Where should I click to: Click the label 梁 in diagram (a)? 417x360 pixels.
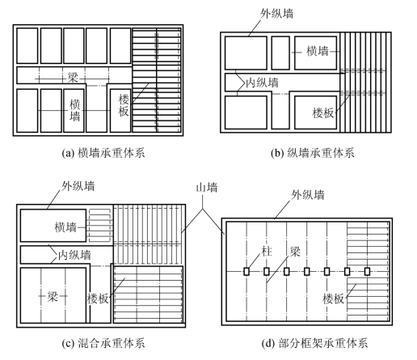pyautogui.click(x=73, y=78)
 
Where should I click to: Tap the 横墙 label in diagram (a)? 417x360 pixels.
pyautogui.click(x=75, y=110)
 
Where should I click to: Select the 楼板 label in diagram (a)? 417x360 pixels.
pyautogui.click(x=124, y=105)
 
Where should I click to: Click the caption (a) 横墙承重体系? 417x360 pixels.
pyautogui.click(x=103, y=153)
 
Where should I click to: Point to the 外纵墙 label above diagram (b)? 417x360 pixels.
pyautogui.click(x=276, y=14)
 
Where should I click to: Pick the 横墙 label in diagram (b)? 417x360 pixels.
pyautogui.click(x=318, y=51)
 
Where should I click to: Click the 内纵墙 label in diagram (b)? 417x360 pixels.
pyautogui.click(x=262, y=83)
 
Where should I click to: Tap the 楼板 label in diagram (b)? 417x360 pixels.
pyautogui.click(x=323, y=113)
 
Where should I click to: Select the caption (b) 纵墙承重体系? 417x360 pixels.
pyautogui.click(x=313, y=153)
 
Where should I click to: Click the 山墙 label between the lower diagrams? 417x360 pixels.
pyautogui.click(x=207, y=188)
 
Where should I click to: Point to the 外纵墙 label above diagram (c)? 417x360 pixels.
pyautogui.click(x=78, y=186)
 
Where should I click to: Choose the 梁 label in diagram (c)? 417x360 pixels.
pyautogui.click(x=53, y=296)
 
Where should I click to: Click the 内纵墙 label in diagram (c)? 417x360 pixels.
pyautogui.click(x=74, y=255)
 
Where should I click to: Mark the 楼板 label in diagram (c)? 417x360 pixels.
pyautogui.click(x=98, y=299)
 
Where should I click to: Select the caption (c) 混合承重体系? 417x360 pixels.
pyautogui.click(x=103, y=343)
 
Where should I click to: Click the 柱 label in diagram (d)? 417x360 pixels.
pyautogui.click(x=267, y=251)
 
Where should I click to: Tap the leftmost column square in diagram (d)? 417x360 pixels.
pyautogui.click(x=246, y=271)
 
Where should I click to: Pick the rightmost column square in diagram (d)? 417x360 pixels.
pyautogui.click(x=367, y=271)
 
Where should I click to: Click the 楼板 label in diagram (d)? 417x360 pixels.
pyautogui.click(x=334, y=299)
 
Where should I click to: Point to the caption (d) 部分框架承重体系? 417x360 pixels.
pyautogui.click(x=314, y=343)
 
